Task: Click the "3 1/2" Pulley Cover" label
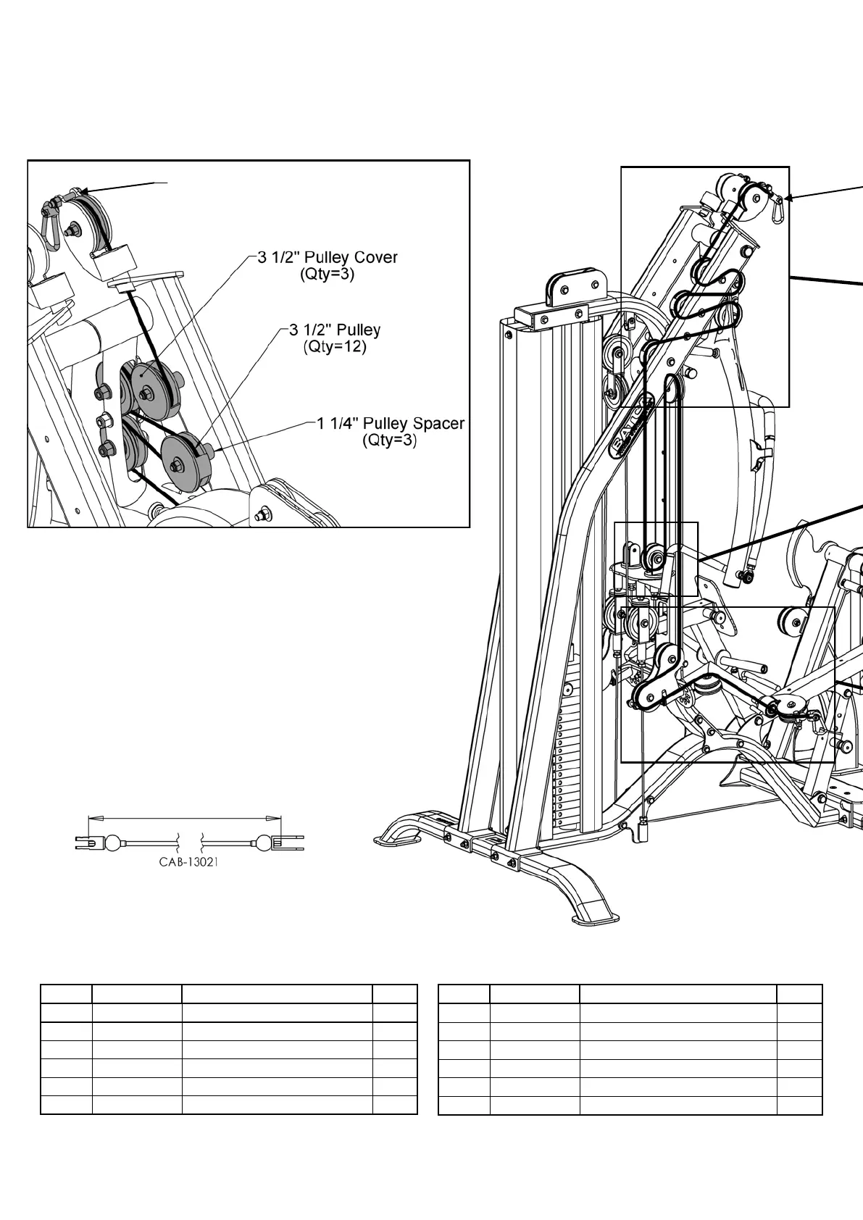(x=328, y=257)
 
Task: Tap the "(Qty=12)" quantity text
(x=335, y=347)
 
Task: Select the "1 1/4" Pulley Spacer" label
(x=391, y=423)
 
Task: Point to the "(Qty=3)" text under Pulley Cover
(x=327, y=275)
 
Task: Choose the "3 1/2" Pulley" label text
(x=335, y=330)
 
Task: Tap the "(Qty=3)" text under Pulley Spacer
(x=390, y=440)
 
